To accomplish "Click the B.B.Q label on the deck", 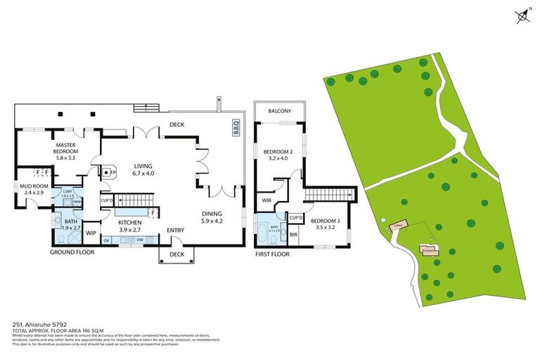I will click(236, 128).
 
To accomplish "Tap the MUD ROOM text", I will click(33, 189).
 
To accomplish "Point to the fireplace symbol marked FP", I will click(109, 172).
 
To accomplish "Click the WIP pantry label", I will click(91, 233).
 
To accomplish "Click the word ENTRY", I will click(175, 230).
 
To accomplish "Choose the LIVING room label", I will click(143, 170).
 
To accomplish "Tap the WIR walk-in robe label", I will click(266, 200).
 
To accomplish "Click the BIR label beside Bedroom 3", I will click(294, 234).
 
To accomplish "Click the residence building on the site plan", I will click(427, 249).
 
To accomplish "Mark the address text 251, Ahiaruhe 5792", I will click(35, 325).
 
